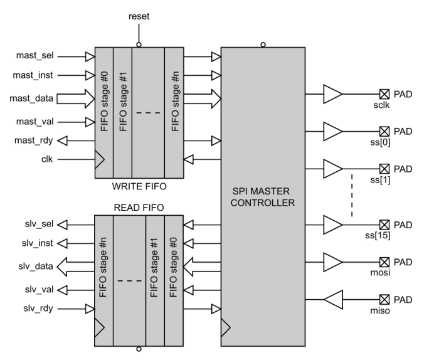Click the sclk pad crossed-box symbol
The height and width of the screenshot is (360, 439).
point(384,95)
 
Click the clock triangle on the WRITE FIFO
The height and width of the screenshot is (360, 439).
point(99,159)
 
